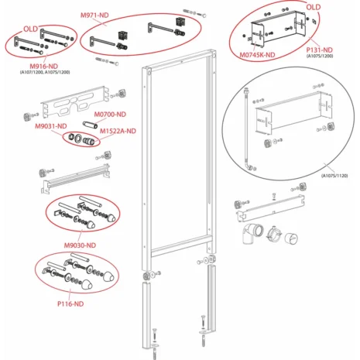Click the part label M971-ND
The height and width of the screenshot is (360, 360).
[94, 15]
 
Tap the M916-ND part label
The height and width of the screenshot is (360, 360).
[43, 66]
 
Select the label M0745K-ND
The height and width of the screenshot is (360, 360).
[257, 55]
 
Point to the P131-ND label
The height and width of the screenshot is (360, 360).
[319, 50]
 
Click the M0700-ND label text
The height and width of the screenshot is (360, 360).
[110, 114]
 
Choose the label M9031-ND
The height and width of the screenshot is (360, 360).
[51, 126]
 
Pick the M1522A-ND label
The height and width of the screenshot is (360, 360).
[118, 131]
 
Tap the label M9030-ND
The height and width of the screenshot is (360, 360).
[80, 245]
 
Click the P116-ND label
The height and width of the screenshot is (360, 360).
[70, 303]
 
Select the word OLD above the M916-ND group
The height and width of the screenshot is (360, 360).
[31, 29]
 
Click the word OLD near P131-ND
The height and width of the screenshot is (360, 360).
[314, 7]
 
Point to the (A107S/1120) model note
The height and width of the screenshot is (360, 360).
[334, 176]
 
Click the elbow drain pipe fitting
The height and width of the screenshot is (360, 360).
[253, 233]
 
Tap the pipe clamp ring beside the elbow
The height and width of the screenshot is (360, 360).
[274, 233]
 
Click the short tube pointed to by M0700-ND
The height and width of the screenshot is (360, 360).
[90, 124]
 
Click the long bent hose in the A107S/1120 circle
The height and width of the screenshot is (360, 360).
[247, 129]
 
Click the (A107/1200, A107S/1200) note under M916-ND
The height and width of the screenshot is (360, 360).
[45, 72]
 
